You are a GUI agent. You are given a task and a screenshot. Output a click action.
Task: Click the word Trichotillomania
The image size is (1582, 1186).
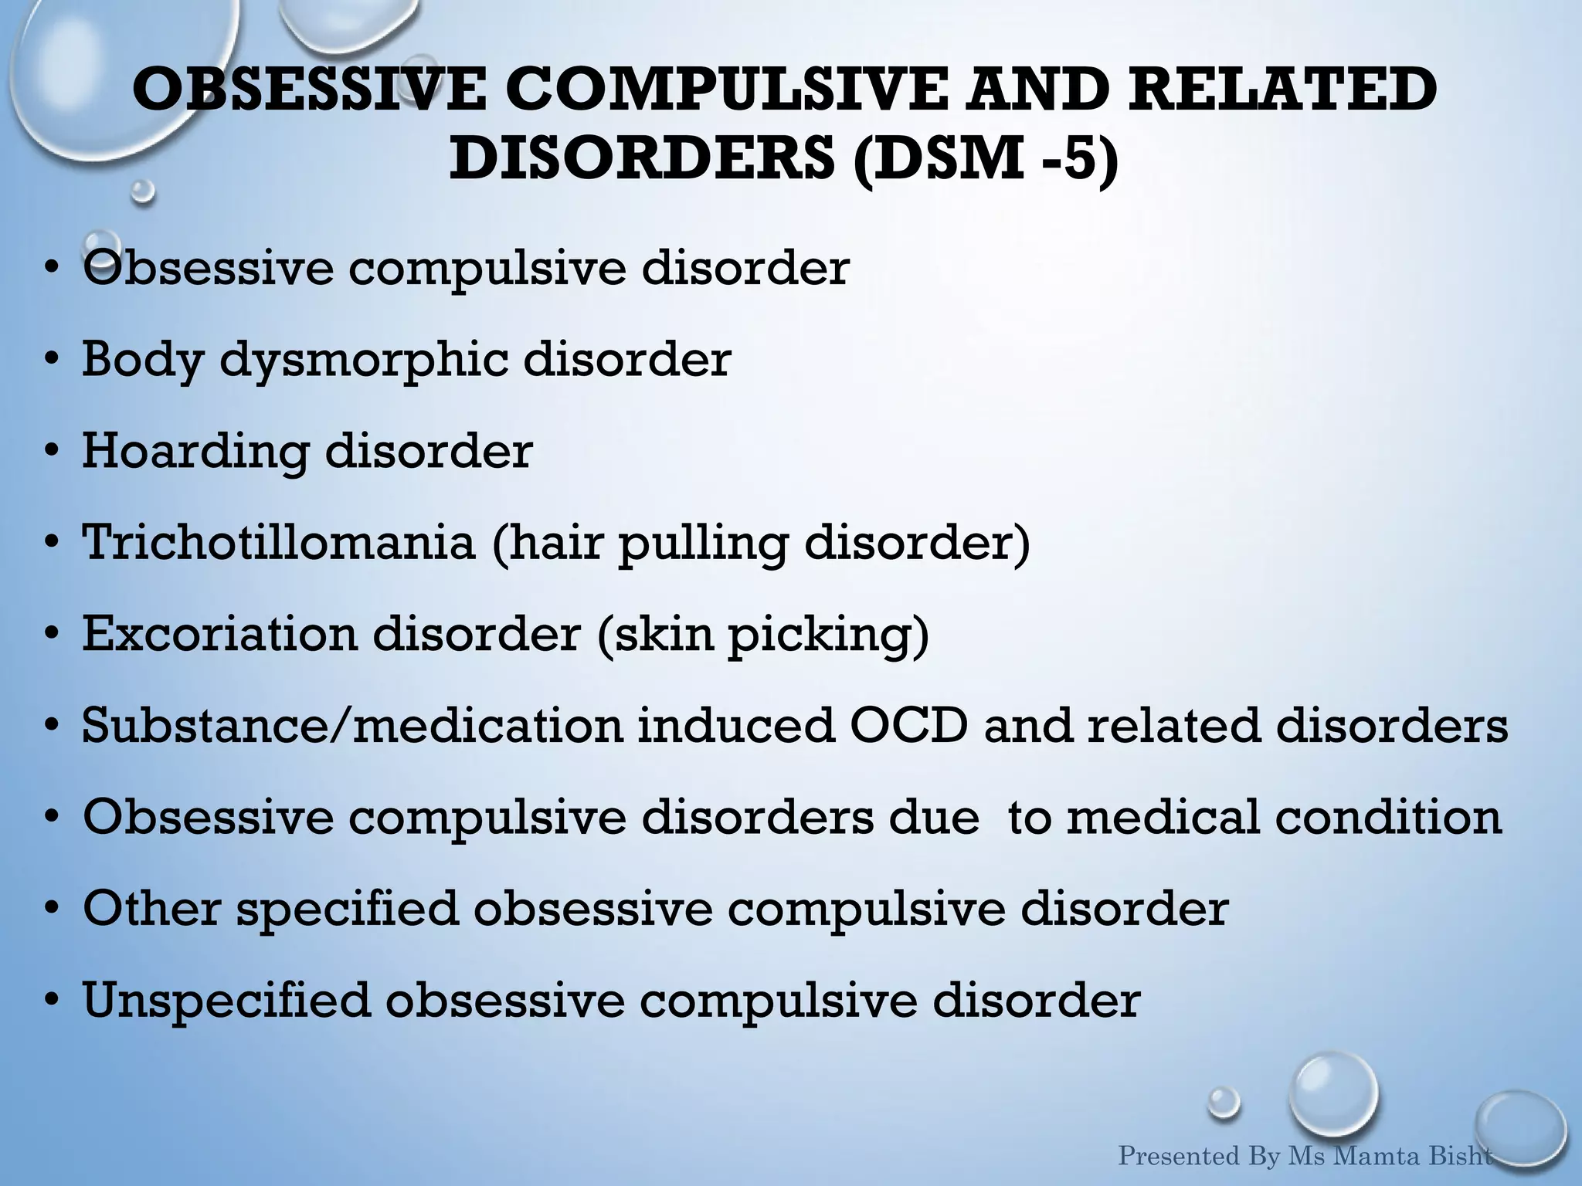pyautogui.click(x=279, y=542)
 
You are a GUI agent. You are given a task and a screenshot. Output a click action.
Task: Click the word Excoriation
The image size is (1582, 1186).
pyautogui.click(x=219, y=634)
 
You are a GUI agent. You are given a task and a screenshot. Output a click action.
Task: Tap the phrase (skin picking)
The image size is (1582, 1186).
pyautogui.click(x=762, y=635)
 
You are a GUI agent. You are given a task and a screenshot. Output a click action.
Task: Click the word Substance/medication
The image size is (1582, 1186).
pyautogui.click(x=352, y=726)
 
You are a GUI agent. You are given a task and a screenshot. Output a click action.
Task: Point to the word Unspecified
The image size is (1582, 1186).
pyautogui.click(x=226, y=1001)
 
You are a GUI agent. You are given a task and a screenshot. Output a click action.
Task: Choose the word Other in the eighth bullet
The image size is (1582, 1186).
pyautogui.click(x=151, y=908)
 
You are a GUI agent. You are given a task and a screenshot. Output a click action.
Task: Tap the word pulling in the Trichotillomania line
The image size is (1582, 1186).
pyautogui.click(x=703, y=544)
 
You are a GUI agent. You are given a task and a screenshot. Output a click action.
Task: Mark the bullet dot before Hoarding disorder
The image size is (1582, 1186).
pyautogui.click(x=52, y=452)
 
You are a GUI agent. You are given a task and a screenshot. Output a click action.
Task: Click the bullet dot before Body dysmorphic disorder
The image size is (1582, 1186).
pyautogui.click(x=52, y=361)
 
